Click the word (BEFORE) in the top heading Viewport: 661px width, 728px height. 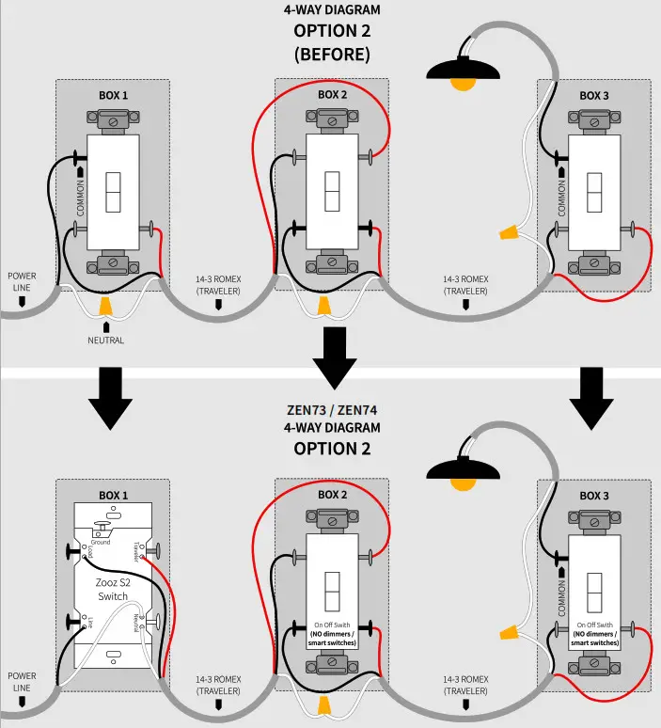point(330,54)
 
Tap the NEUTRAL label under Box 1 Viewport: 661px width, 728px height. point(104,340)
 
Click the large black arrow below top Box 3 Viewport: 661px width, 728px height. point(591,396)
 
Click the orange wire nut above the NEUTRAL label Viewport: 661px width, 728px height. point(106,306)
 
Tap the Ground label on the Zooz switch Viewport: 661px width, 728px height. point(102,543)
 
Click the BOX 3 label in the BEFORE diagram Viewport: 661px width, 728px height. point(594,95)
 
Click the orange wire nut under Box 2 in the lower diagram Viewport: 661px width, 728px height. point(324,704)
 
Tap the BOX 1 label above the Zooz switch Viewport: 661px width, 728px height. point(113,495)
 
